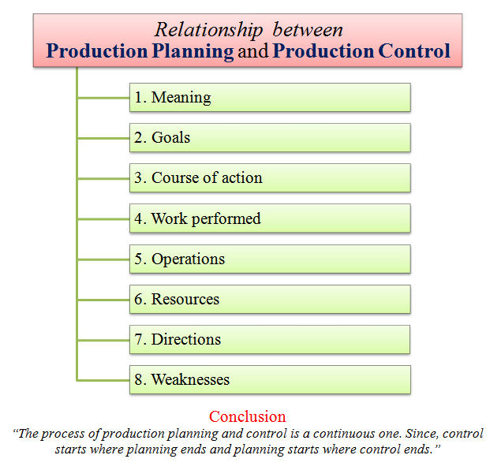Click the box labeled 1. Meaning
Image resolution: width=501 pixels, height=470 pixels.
(x=270, y=98)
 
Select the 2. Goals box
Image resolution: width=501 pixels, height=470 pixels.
(x=270, y=138)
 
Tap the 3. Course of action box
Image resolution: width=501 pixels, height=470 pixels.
(x=270, y=178)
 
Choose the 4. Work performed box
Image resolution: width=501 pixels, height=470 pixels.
(x=270, y=218)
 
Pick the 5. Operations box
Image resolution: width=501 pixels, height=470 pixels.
(x=270, y=259)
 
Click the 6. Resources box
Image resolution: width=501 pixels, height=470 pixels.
(x=270, y=300)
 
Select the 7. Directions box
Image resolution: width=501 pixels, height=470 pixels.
(x=270, y=340)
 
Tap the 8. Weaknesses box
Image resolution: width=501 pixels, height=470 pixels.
(x=270, y=380)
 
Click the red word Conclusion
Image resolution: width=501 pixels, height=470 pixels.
(x=248, y=416)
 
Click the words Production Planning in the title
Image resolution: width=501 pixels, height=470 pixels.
(x=140, y=52)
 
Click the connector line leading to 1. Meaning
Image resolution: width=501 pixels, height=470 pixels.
(x=103, y=98)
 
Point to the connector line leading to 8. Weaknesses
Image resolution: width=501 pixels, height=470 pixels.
(x=103, y=380)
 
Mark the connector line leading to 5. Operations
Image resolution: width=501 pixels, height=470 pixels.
(x=103, y=259)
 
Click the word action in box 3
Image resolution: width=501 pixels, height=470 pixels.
(x=242, y=178)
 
